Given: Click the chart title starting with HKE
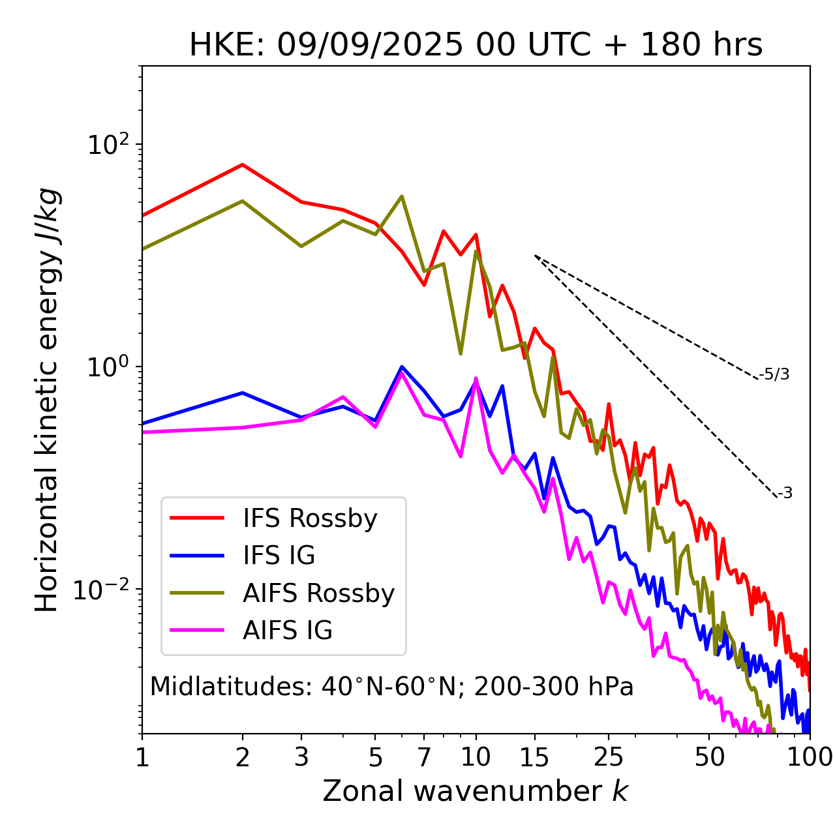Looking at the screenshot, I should tap(476, 46).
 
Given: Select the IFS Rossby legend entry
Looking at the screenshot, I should tap(310, 518).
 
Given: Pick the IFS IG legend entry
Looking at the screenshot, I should tap(279, 556).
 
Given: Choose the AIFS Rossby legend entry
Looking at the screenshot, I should tap(318, 593).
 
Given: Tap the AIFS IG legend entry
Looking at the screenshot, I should tap(288, 631).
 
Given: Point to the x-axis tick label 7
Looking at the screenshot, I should tap(424, 757).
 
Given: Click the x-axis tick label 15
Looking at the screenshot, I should tap(535, 757).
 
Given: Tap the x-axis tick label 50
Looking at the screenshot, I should tap(709, 757).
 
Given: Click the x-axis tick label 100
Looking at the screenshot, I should tap(810, 757).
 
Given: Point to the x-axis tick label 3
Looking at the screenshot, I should tap(301, 757).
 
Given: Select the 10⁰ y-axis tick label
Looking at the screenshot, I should tap(108, 367).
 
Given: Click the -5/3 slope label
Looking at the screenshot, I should tap(775, 374).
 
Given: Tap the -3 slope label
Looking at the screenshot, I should tap(785, 494).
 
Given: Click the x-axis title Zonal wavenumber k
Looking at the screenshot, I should tap(476, 791).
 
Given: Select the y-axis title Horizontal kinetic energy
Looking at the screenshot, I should tap(47, 400).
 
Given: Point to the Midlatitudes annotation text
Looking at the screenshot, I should tap(391, 687).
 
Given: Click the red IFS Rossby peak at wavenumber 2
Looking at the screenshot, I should tap(243, 164).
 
